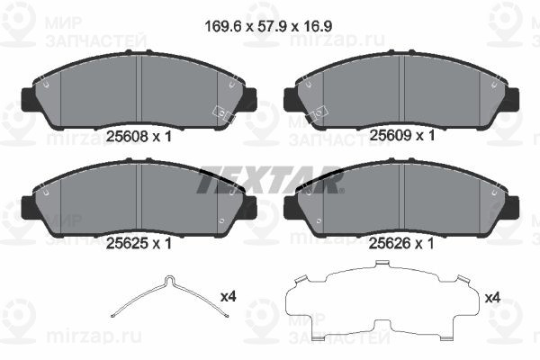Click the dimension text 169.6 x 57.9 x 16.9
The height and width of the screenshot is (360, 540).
click(x=268, y=26)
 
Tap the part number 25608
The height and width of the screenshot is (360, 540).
click(x=127, y=137)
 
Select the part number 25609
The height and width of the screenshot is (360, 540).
click(x=391, y=135)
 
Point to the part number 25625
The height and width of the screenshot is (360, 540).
click(x=127, y=244)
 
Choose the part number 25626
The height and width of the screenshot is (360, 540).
click(x=390, y=244)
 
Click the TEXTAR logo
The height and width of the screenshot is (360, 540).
click(x=270, y=179)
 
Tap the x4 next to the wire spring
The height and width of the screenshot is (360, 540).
click(x=228, y=296)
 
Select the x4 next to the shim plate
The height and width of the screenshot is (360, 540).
click(x=492, y=297)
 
